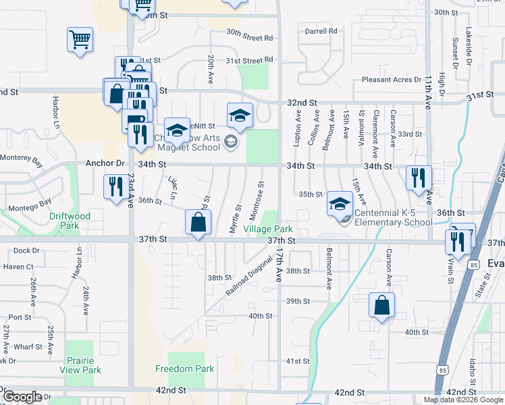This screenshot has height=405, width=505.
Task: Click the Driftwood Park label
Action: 70,221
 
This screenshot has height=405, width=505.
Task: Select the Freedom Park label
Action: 184,369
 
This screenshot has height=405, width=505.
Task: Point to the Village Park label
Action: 267,230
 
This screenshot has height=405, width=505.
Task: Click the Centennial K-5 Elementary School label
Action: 394,217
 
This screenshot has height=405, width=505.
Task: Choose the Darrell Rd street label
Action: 321,31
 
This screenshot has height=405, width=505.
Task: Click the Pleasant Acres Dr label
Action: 387,80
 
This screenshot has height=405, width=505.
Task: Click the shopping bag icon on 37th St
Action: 198,222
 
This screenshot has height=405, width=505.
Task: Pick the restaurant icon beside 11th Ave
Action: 419,178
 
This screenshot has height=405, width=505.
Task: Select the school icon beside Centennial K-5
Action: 340,203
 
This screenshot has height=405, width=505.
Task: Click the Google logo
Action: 23,397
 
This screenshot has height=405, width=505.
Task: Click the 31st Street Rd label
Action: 249,60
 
